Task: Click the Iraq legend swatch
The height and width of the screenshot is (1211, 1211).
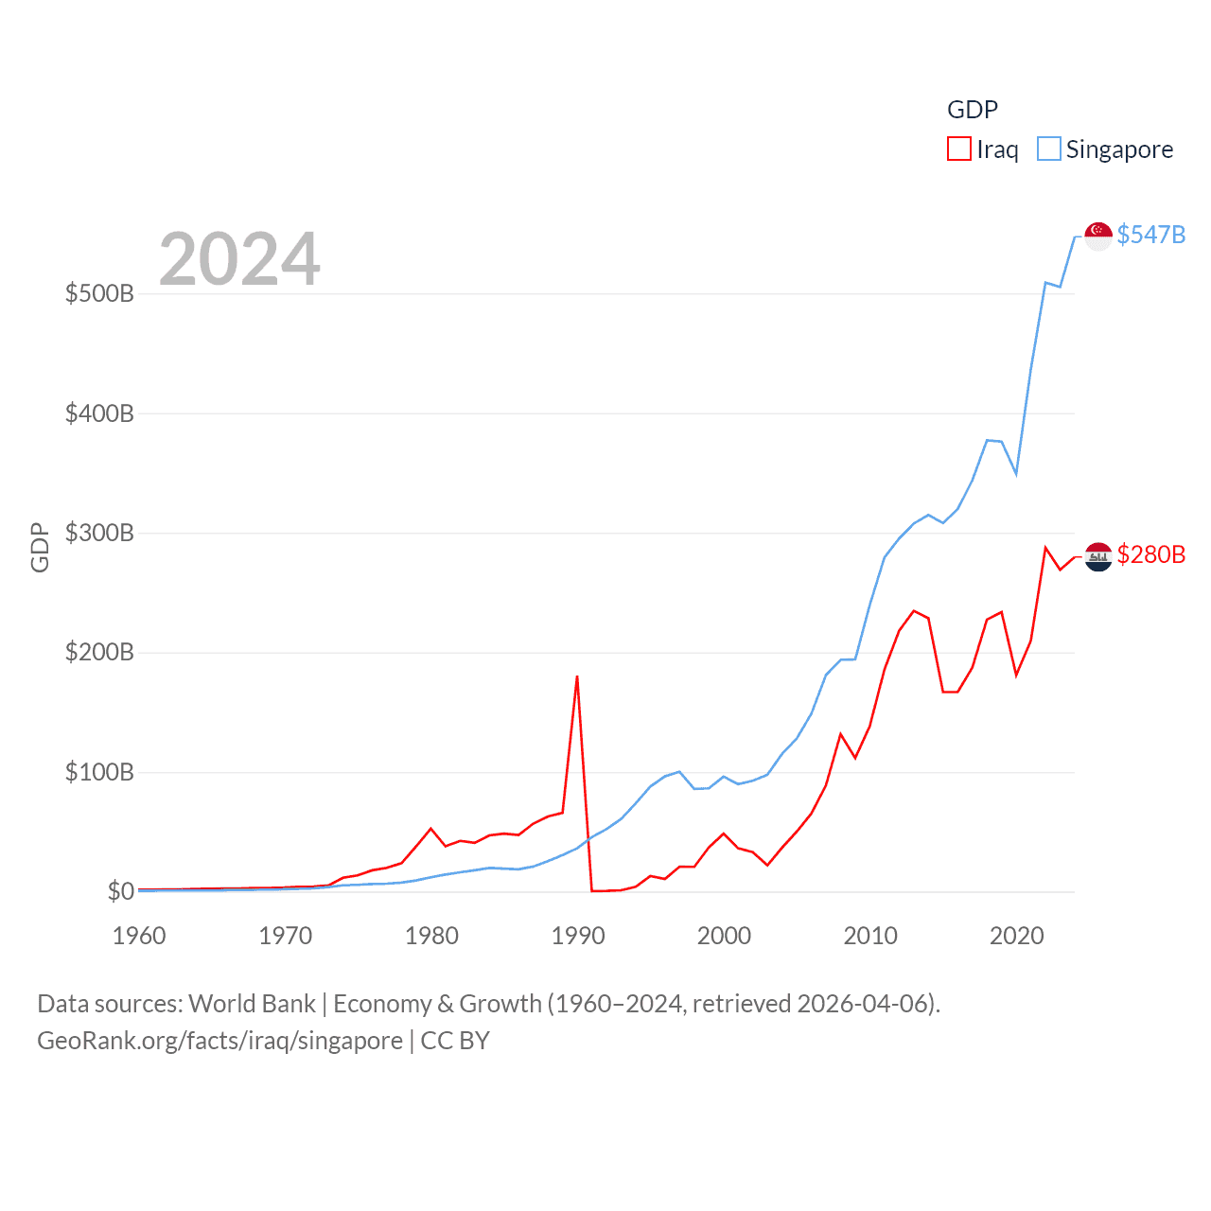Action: click(x=959, y=149)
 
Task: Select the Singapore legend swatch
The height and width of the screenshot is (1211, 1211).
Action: click(x=1049, y=149)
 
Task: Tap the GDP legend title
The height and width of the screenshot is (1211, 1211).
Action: click(x=973, y=110)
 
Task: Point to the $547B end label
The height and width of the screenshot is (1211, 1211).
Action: click(x=1150, y=235)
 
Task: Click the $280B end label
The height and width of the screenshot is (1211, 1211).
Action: click(x=1150, y=554)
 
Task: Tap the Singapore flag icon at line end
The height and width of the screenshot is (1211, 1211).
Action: click(x=1098, y=236)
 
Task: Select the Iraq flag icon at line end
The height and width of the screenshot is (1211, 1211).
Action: click(x=1098, y=557)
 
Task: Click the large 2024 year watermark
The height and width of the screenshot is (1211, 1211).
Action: click(x=239, y=259)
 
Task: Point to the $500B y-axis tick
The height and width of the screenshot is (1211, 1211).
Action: click(x=99, y=293)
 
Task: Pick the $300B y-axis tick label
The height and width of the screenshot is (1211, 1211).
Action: click(x=99, y=533)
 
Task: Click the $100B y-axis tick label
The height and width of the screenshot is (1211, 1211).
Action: click(x=99, y=772)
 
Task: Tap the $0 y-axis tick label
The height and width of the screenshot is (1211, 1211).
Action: click(x=120, y=891)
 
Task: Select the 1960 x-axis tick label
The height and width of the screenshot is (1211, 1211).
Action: click(x=139, y=936)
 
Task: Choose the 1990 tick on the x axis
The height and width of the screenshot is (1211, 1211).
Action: click(x=578, y=936)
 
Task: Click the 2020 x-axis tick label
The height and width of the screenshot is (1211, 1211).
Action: click(x=1016, y=936)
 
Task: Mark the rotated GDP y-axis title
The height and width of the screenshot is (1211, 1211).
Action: click(x=40, y=548)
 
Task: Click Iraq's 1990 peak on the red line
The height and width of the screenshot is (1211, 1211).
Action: click(x=577, y=676)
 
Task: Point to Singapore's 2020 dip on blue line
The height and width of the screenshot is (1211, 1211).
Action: click(x=1016, y=474)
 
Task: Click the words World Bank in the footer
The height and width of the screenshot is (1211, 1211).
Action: click(x=252, y=1004)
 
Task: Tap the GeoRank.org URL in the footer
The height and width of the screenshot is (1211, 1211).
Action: click(x=219, y=1041)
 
